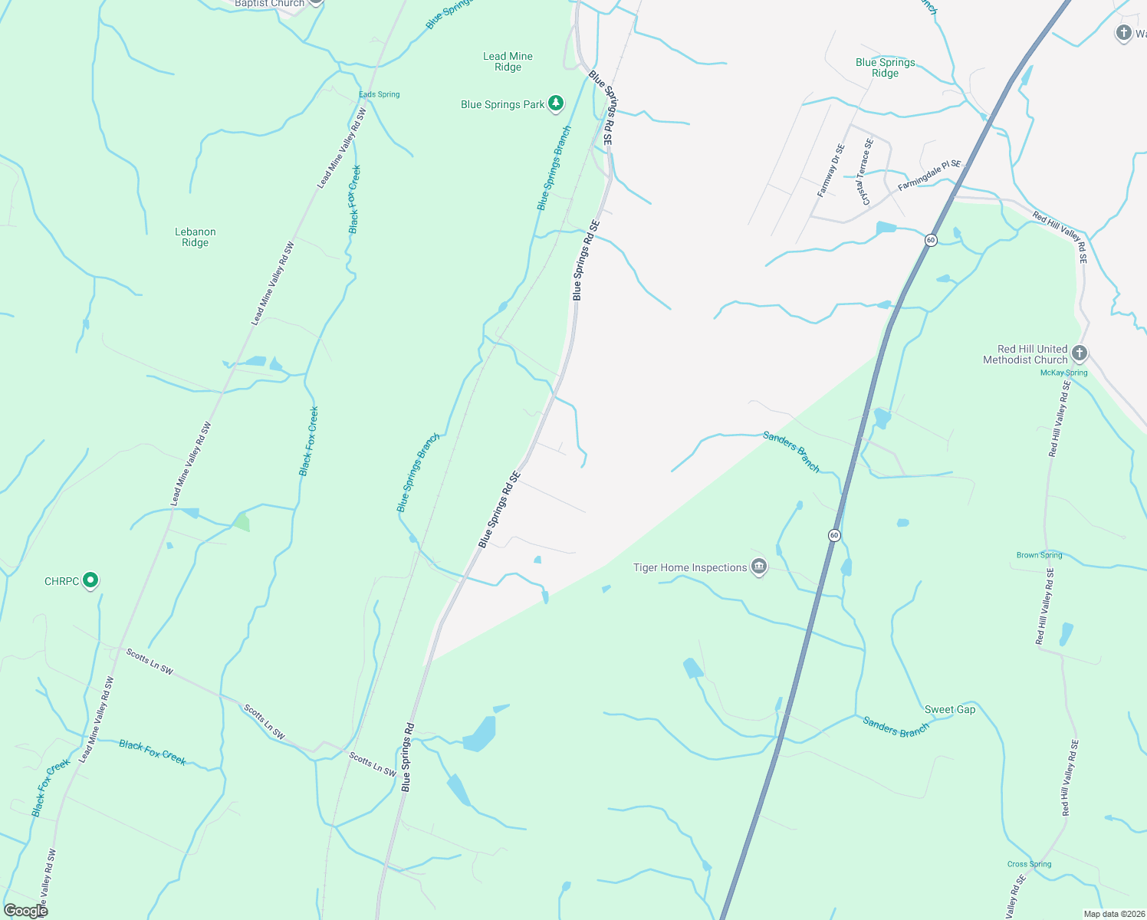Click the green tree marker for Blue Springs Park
556,103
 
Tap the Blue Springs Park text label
502,104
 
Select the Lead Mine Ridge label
508,61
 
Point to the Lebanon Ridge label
196,237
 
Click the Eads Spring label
380,94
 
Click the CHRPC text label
61,581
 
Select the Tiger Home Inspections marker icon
759,567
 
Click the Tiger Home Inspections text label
690,567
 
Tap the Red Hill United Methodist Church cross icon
1080,353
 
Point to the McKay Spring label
1063,373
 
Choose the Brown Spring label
1039,555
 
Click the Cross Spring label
1029,864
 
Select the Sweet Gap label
950,709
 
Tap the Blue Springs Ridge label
886,67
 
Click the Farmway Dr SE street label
830,171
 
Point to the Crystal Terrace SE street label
866,172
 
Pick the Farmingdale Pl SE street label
929,175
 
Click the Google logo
25,911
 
